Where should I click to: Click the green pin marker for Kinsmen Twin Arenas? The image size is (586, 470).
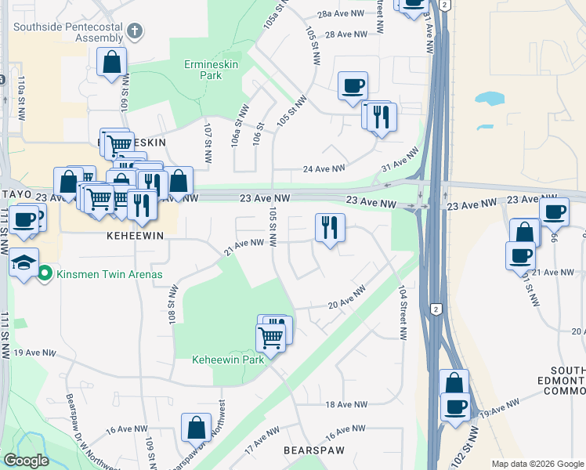pos(45,273)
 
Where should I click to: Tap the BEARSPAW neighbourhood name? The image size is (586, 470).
pos(309,452)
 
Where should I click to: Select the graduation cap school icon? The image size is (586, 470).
pos(24,262)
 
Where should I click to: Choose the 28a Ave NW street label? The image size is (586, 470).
pos(341,14)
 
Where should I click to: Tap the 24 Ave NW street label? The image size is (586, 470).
pos(324,169)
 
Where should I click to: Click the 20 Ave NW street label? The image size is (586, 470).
pos(346,298)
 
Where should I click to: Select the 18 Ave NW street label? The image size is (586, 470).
pos(345,404)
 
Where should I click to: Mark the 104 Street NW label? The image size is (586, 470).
pos(402,311)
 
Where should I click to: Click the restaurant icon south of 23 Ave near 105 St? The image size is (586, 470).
pos(330,228)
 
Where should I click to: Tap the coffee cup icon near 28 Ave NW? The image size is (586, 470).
pos(353,85)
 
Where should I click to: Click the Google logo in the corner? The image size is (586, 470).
pos(27,461)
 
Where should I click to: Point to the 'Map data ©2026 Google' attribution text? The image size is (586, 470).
pos(537,464)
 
